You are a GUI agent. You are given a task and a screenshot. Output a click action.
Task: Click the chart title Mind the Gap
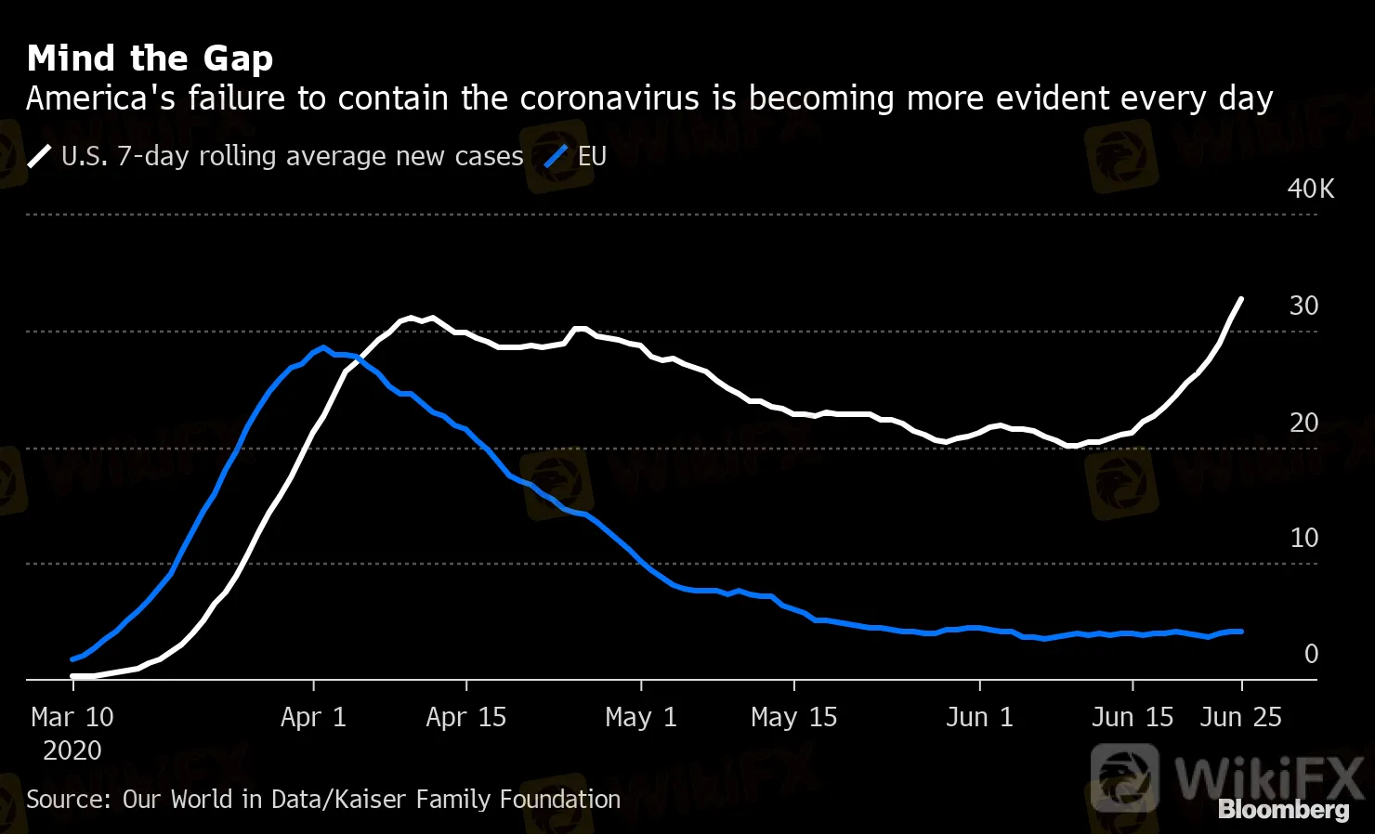150,59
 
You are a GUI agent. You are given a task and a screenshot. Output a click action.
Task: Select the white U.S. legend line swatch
40,156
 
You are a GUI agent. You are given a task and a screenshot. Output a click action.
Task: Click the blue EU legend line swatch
556,156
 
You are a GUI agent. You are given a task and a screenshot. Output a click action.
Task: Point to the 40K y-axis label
1310,189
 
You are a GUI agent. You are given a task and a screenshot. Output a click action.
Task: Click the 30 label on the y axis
1303,306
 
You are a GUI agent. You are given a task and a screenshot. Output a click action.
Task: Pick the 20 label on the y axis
1303,423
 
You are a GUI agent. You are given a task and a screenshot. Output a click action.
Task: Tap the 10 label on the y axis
1303,538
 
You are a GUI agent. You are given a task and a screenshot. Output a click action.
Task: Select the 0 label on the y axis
1311,654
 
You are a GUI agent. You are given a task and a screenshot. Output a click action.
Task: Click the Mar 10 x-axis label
72,717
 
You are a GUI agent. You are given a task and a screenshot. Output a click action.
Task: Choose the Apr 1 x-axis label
313,717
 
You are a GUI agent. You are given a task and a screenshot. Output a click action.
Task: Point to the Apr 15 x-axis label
465,717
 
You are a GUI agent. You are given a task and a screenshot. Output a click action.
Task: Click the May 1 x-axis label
641,717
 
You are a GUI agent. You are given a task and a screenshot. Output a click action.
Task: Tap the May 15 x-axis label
793,717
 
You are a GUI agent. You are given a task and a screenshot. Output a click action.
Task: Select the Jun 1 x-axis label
979,717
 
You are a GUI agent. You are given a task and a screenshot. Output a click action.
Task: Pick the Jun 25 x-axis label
1240,717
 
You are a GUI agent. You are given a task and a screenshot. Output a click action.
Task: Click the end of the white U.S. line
1241,299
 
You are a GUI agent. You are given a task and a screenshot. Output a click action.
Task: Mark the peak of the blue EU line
322,348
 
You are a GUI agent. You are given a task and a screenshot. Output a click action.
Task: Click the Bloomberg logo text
1283,810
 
